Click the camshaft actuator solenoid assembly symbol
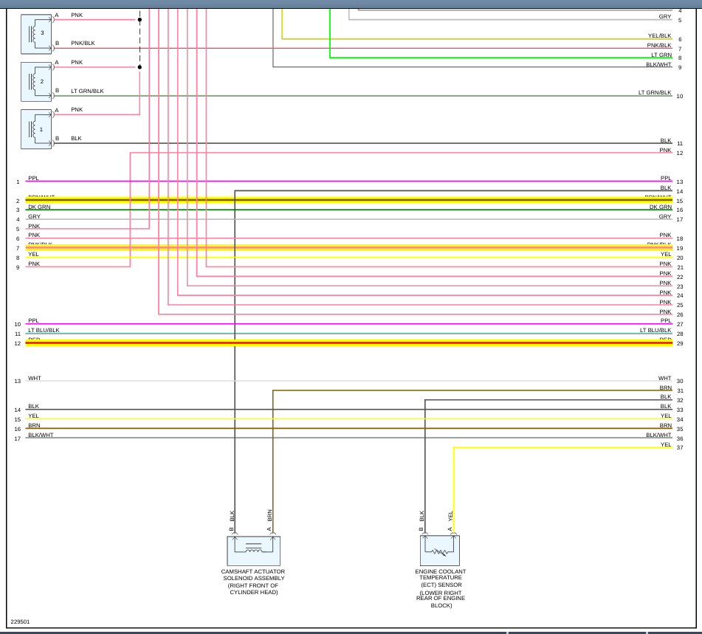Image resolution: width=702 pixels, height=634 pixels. [253, 551]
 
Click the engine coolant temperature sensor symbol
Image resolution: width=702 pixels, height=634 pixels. [440, 551]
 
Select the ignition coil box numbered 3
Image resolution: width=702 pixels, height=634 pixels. [36, 34]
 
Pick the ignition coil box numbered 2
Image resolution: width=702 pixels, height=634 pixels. [36, 81]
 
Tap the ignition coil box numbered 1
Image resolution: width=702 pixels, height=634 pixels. [36, 129]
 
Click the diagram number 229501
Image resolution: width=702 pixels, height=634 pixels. [21, 621]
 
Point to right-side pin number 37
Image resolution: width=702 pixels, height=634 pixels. [679, 448]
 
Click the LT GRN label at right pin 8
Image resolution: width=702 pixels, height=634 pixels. [661, 55]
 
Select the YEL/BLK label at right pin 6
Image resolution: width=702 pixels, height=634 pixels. [659, 35]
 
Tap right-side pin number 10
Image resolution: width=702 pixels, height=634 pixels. [679, 96]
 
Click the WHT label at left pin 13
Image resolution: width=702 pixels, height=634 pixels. [35, 378]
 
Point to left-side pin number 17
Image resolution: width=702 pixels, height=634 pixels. [17, 439]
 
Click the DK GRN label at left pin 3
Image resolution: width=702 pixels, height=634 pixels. [39, 207]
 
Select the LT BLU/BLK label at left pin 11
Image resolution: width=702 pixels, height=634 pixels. [44, 330]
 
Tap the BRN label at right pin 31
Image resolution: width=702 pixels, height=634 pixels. [665, 387]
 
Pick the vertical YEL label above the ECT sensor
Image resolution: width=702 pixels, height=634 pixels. [450, 516]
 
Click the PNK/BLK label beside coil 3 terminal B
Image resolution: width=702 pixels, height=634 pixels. [83, 44]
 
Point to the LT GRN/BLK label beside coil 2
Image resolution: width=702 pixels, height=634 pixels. [87, 91]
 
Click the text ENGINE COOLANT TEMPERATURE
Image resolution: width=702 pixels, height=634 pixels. [440, 574]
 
